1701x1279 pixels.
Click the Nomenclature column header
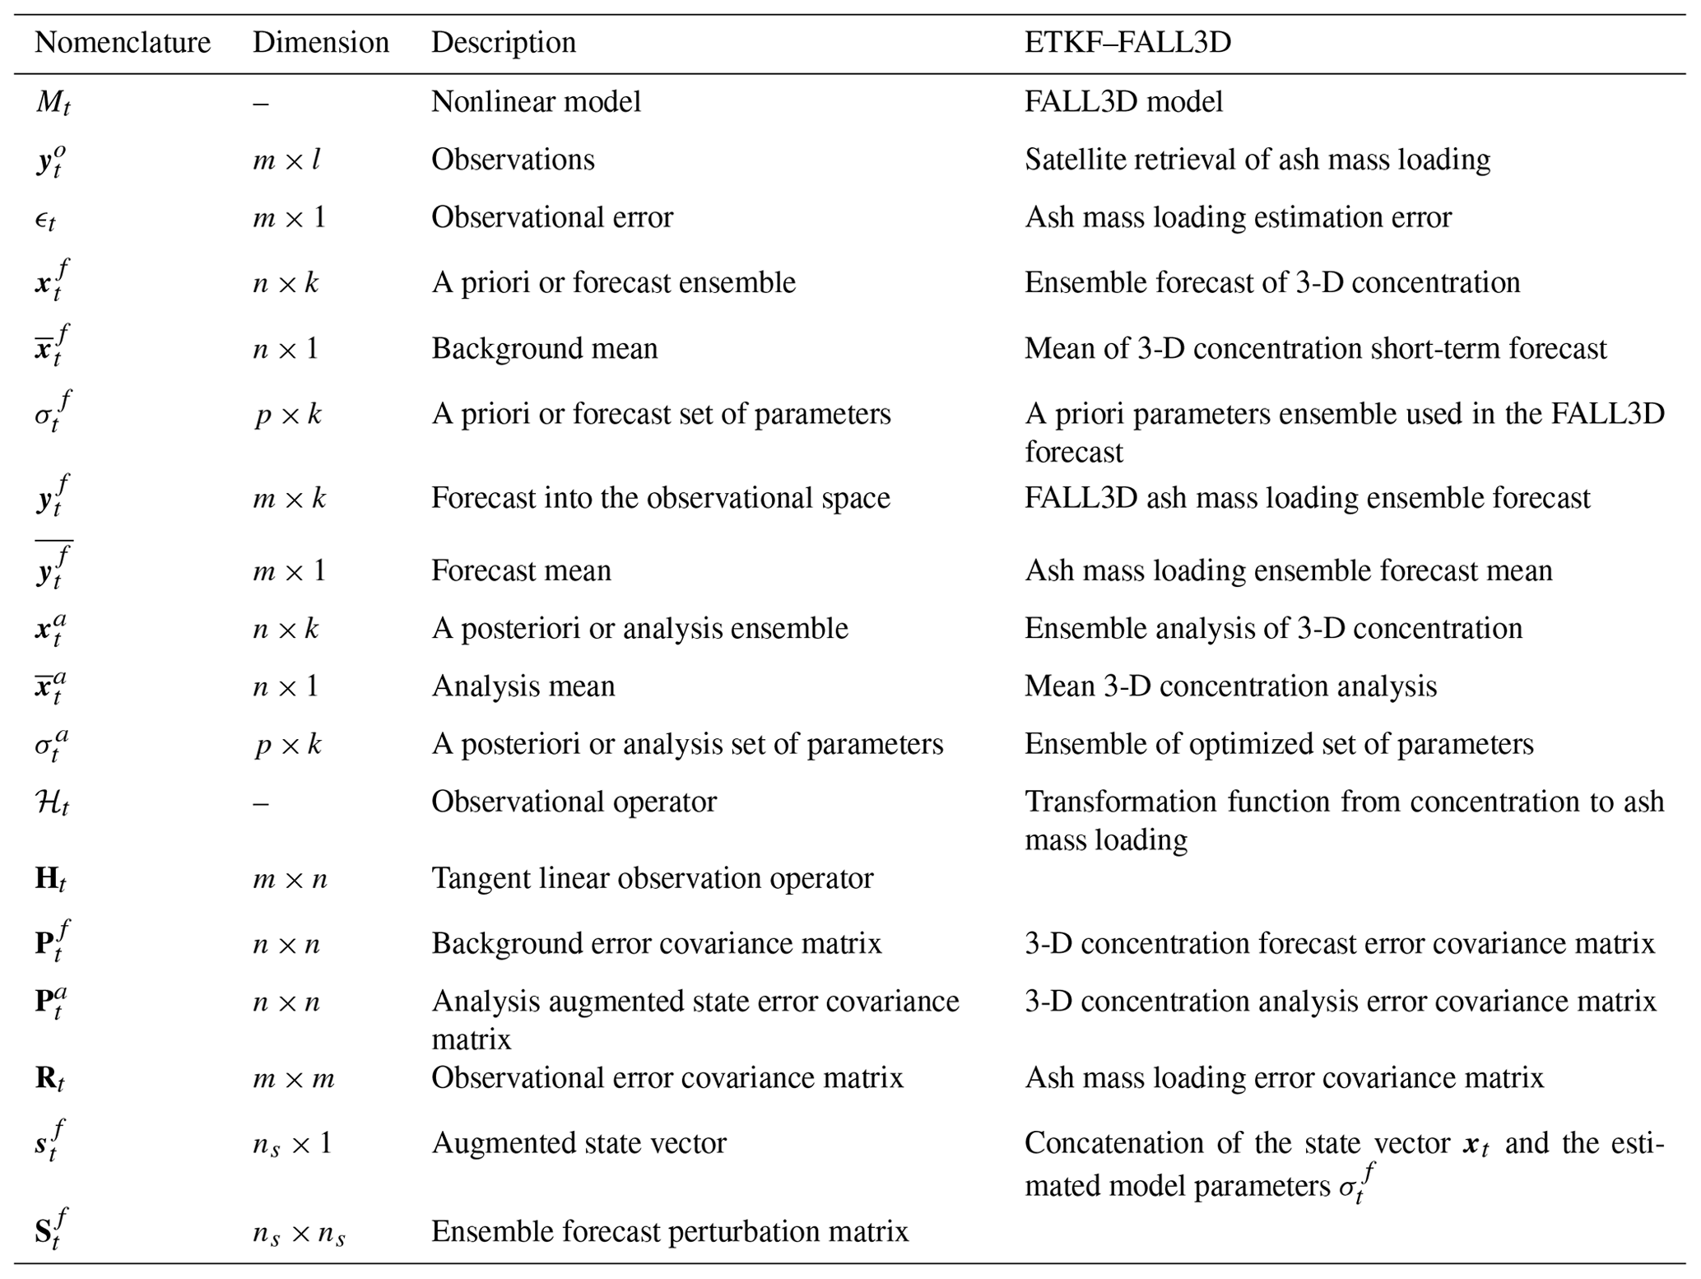(x=123, y=43)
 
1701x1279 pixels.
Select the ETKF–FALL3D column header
(x=1127, y=43)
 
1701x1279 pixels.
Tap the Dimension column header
(x=320, y=43)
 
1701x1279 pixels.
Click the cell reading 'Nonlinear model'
(x=536, y=102)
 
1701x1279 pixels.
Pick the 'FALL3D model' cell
(x=1123, y=102)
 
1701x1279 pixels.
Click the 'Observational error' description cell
(x=551, y=217)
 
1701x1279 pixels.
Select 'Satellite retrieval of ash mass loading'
(x=1257, y=160)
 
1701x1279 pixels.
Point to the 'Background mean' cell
(x=544, y=349)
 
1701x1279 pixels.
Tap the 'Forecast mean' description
(x=521, y=571)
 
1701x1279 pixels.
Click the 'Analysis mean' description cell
(x=523, y=686)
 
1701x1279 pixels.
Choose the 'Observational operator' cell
(x=574, y=802)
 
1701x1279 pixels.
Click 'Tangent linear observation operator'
(x=652, y=879)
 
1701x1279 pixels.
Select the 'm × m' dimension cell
(x=293, y=1078)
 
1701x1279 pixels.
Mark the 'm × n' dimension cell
(x=290, y=879)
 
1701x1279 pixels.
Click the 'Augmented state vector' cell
(x=579, y=1143)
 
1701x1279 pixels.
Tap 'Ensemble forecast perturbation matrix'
(x=670, y=1231)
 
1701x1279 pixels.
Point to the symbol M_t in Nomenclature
(x=53, y=103)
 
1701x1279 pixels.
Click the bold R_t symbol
(x=49, y=1079)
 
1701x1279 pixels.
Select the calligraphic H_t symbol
(x=52, y=802)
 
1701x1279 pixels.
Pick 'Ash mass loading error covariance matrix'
(x=1284, y=1078)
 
